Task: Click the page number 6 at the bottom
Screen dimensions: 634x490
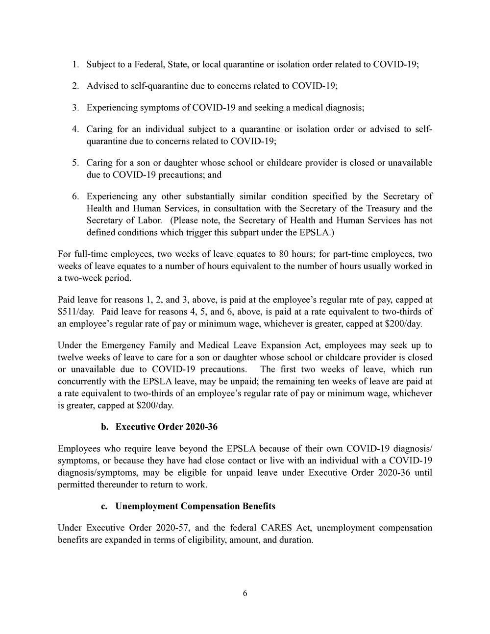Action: (245, 594)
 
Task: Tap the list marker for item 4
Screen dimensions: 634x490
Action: (75, 129)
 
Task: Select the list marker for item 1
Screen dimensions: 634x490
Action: (75, 64)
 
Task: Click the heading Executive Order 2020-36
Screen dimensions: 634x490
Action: (166, 427)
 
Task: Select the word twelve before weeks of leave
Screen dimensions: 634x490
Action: (71, 357)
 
